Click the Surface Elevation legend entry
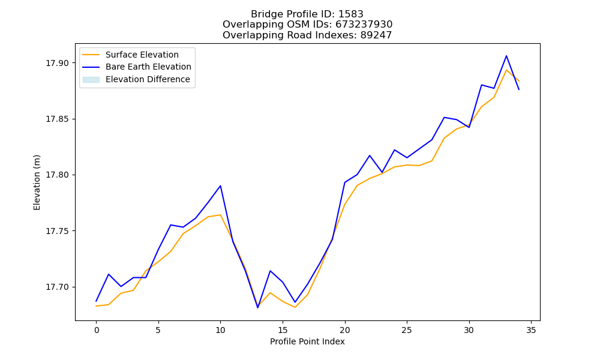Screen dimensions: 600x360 [x=142, y=55]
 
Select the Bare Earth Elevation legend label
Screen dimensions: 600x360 [x=148, y=67]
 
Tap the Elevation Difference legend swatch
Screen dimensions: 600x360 [x=91, y=80]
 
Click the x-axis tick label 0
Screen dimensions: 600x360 [x=97, y=330]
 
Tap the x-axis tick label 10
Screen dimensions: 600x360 [x=220, y=330]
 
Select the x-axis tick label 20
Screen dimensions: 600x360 [x=345, y=330]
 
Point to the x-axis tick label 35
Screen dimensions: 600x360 [x=531, y=330]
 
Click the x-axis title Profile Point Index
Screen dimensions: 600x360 [x=307, y=341]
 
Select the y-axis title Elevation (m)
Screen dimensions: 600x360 [x=37, y=182]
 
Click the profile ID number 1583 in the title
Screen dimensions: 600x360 [x=351, y=14]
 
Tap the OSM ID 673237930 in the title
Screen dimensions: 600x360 [x=364, y=25]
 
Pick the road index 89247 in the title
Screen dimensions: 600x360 [x=376, y=35]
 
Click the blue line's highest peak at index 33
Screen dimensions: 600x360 [x=506, y=56]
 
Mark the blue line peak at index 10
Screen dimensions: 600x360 [x=220, y=185]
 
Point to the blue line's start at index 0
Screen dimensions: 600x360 [x=96, y=301]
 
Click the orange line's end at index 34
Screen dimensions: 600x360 [x=519, y=81]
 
